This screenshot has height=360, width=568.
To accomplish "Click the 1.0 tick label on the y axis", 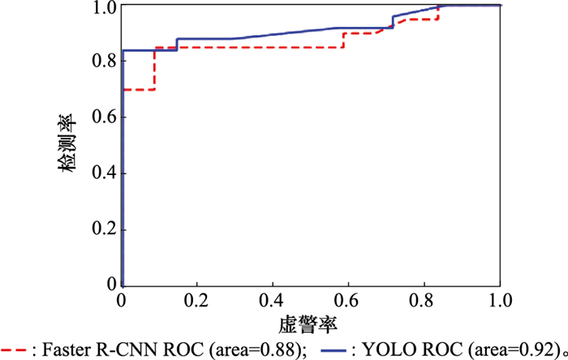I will coord(105,7).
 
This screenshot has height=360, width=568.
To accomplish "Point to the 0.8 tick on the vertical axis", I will coord(105,61).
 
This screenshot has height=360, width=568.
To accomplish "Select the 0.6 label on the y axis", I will coord(105,117).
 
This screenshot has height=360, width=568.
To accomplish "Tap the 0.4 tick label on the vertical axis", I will coord(105,174).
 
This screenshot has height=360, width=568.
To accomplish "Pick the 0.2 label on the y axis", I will coord(105,230).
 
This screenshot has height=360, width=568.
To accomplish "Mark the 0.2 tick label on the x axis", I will coord(196,301).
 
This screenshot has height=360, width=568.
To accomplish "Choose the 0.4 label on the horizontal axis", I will coord(272,301).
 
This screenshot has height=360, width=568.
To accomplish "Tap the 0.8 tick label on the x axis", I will coord(424,301).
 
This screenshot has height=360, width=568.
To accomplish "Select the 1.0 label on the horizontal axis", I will coord(499,301).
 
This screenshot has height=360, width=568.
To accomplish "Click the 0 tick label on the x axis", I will coord(122,301).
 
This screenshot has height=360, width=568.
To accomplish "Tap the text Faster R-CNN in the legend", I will coord(83,350).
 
